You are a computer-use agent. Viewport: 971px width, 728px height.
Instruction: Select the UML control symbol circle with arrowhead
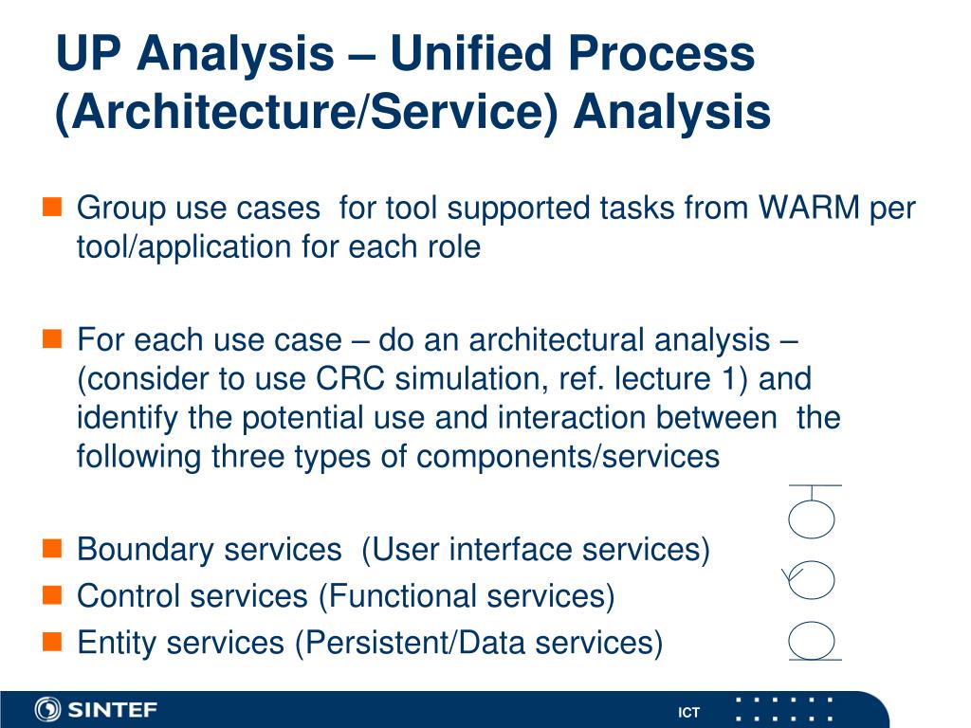pyautogui.click(x=811, y=580)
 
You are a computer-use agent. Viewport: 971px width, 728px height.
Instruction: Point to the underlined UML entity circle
pyautogui.click(x=813, y=641)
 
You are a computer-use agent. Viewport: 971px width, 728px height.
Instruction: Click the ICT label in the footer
pyautogui.click(x=688, y=713)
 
